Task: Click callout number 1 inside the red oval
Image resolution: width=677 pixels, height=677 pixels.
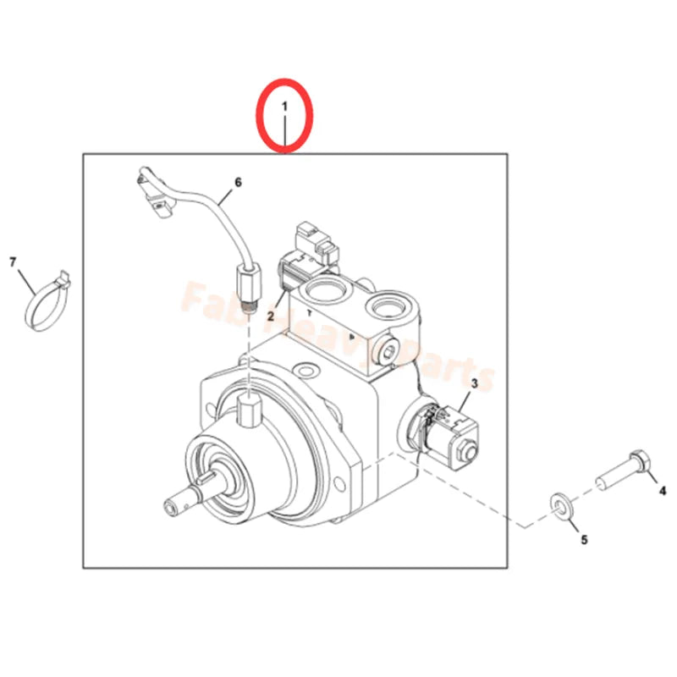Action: [286, 108]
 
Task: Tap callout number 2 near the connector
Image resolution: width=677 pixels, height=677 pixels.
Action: [272, 316]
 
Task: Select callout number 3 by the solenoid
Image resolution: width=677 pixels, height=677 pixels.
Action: [474, 385]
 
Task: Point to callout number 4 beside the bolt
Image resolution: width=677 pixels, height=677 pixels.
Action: [663, 488]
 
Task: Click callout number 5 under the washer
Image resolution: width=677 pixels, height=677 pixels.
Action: [583, 538]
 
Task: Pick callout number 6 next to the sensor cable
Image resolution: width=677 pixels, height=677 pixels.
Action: [238, 182]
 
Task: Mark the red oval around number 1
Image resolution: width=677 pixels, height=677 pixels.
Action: [286, 114]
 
